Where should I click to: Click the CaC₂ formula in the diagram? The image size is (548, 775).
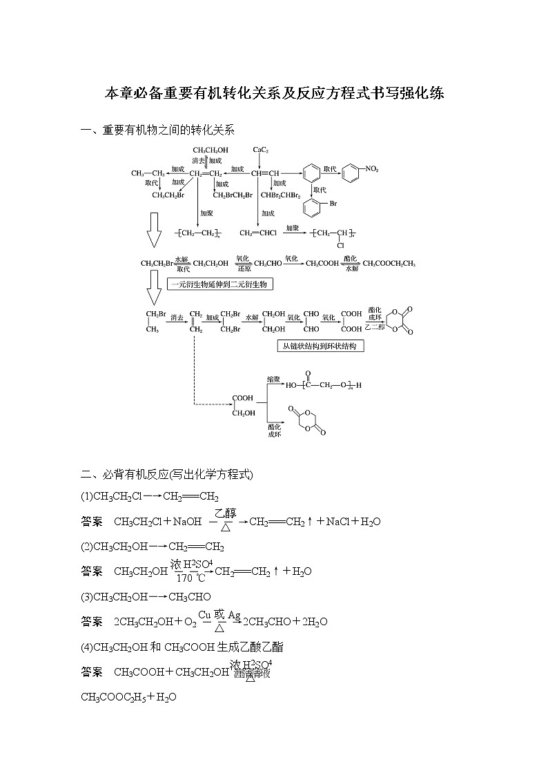260,149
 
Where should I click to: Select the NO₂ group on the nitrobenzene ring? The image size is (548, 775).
371,168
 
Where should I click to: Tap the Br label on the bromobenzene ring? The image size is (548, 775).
333,204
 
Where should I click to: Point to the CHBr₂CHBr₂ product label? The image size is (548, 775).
281,195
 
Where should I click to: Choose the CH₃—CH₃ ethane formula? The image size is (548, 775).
148,173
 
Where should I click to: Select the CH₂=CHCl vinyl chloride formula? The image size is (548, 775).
258,233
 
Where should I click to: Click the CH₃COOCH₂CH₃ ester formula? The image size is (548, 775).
389,263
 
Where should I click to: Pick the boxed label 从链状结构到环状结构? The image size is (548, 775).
320,346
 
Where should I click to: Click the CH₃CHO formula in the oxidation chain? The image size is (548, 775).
267,263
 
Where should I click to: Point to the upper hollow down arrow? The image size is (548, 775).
154,230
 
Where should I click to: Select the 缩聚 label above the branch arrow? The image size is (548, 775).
274,379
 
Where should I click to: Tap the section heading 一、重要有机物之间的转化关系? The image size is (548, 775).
158,130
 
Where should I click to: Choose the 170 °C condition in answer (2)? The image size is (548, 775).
190,578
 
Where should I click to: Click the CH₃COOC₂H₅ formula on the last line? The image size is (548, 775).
118,697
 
